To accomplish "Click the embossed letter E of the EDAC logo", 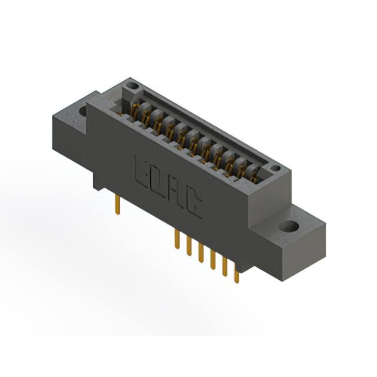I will point(142,172).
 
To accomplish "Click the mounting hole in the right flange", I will point(289,226).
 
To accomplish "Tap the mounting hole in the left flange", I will point(82,110).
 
